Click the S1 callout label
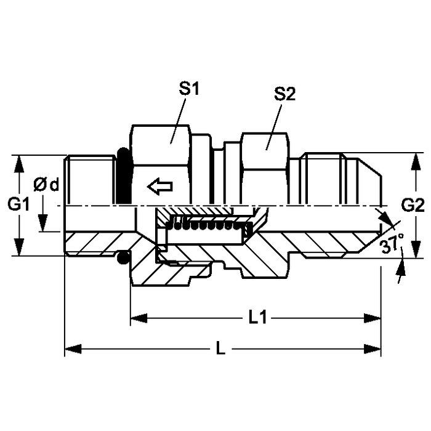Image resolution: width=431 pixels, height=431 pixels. point(189,89)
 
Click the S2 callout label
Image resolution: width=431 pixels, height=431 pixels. point(284,94)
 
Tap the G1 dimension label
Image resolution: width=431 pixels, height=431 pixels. point(18,204)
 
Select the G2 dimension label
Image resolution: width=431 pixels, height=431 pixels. point(413,205)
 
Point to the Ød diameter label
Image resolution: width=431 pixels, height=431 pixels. point(46,185)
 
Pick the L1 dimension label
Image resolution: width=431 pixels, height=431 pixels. point(257,318)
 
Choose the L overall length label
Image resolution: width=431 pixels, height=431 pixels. point(220,349)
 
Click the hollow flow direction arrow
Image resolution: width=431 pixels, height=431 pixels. point(160,187)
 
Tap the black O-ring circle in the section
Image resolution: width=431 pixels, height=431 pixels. point(123,257)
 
